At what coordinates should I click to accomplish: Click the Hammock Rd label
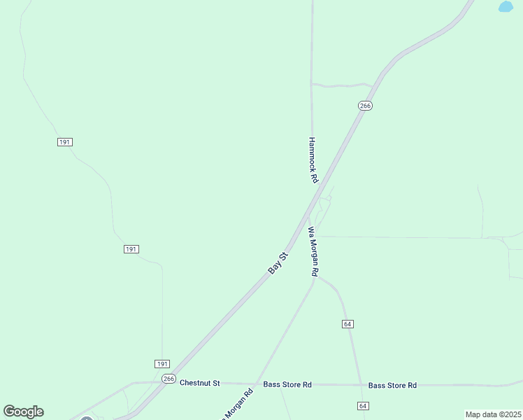click(313, 160)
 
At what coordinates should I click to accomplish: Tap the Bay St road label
click(278, 263)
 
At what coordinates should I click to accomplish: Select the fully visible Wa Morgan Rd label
click(314, 251)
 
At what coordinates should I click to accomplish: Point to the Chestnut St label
click(199, 383)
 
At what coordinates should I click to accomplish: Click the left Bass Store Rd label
click(287, 384)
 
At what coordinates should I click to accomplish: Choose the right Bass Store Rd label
click(392, 385)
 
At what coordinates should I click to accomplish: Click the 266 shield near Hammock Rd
click(365, 106)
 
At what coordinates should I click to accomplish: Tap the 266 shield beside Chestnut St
click(169, 378)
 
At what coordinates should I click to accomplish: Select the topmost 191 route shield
click(65, 142)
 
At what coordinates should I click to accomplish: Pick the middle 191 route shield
click(131, 249)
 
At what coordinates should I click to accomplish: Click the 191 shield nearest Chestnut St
click(162, 364)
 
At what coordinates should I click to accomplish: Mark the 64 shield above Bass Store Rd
click(348, 323)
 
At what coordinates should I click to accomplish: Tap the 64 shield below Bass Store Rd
click(362, 406)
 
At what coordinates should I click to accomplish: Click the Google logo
click(23, 412)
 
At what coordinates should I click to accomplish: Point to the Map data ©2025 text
click(493, 414)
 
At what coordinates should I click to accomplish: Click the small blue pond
click(505, 7)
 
